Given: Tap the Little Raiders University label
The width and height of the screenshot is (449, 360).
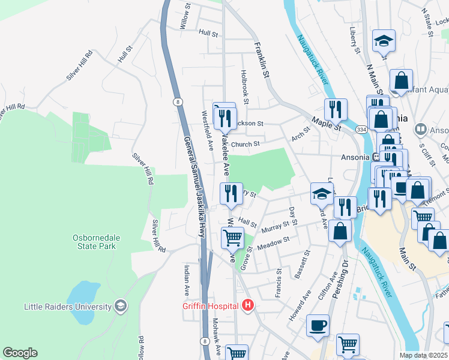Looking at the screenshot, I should point(67,307).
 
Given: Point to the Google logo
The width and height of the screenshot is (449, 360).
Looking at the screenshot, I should point(20,353).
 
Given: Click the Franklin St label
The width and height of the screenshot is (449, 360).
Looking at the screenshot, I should point(261,59).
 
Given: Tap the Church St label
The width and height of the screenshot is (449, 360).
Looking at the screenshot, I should point(245,144).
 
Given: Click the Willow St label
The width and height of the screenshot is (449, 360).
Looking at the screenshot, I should point(186,18).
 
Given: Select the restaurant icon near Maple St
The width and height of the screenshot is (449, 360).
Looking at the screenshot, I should point(336,109).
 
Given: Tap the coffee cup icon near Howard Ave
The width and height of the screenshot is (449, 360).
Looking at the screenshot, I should point(318,325).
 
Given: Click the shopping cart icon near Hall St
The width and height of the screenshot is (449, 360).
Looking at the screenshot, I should point(232,237).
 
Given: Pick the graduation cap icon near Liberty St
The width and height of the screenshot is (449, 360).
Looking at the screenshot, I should point(384,41).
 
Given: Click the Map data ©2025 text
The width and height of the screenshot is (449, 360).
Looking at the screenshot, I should point(423,355).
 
